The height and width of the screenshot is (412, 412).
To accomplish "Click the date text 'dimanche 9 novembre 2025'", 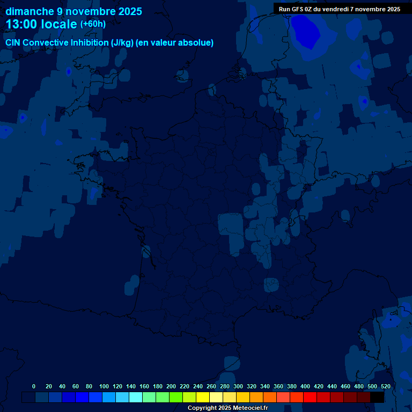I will coord(73,11).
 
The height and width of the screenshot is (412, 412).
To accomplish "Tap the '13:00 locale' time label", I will coord(41,24).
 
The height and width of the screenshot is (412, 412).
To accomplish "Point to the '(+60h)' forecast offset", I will coord(93,24).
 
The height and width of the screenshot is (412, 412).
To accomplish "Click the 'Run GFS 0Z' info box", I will coord(339,9).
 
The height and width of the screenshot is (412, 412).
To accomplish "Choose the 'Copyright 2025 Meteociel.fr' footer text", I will coord(227,408).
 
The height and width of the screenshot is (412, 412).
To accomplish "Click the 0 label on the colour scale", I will coord(34,386).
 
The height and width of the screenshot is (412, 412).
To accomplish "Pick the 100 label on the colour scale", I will coord(104,386).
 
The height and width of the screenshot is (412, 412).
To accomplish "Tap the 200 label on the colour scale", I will coord(171,386).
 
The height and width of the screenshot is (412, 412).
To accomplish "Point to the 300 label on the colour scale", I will coord(238,386).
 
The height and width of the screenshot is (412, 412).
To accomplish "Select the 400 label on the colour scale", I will coord(305,386).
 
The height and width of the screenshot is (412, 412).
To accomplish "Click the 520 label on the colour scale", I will coord(385,386).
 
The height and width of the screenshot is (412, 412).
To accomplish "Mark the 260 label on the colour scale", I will coord(211,386).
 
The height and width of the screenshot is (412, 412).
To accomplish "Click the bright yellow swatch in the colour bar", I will coord(203,397).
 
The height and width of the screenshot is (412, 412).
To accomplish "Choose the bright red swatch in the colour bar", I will coord(310,397).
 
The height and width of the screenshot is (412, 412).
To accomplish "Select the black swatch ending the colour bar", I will coord(377,397).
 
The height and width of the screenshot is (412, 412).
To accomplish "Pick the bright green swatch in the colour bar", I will coord(176,397).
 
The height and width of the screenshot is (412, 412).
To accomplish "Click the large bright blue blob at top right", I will coord(310,32).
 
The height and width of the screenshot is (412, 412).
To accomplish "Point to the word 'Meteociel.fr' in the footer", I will coord(251,408).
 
